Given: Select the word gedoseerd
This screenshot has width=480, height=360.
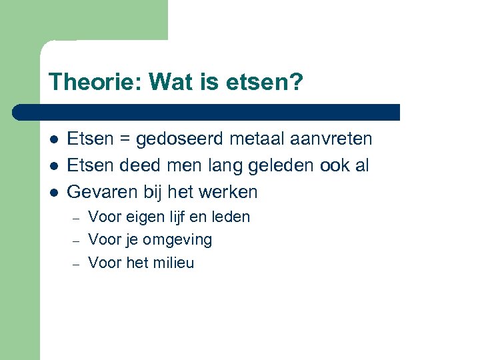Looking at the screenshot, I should click(180, 139).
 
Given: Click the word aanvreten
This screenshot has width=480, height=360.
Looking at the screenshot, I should click(331, 139).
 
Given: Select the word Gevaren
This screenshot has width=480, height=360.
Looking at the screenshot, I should click(102, 192).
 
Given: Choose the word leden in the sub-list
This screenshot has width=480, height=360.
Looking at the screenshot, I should click(230, 217).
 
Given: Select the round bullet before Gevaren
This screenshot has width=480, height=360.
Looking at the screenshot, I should click(53, 193).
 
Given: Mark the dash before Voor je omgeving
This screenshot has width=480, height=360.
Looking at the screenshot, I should click(77, 241).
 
